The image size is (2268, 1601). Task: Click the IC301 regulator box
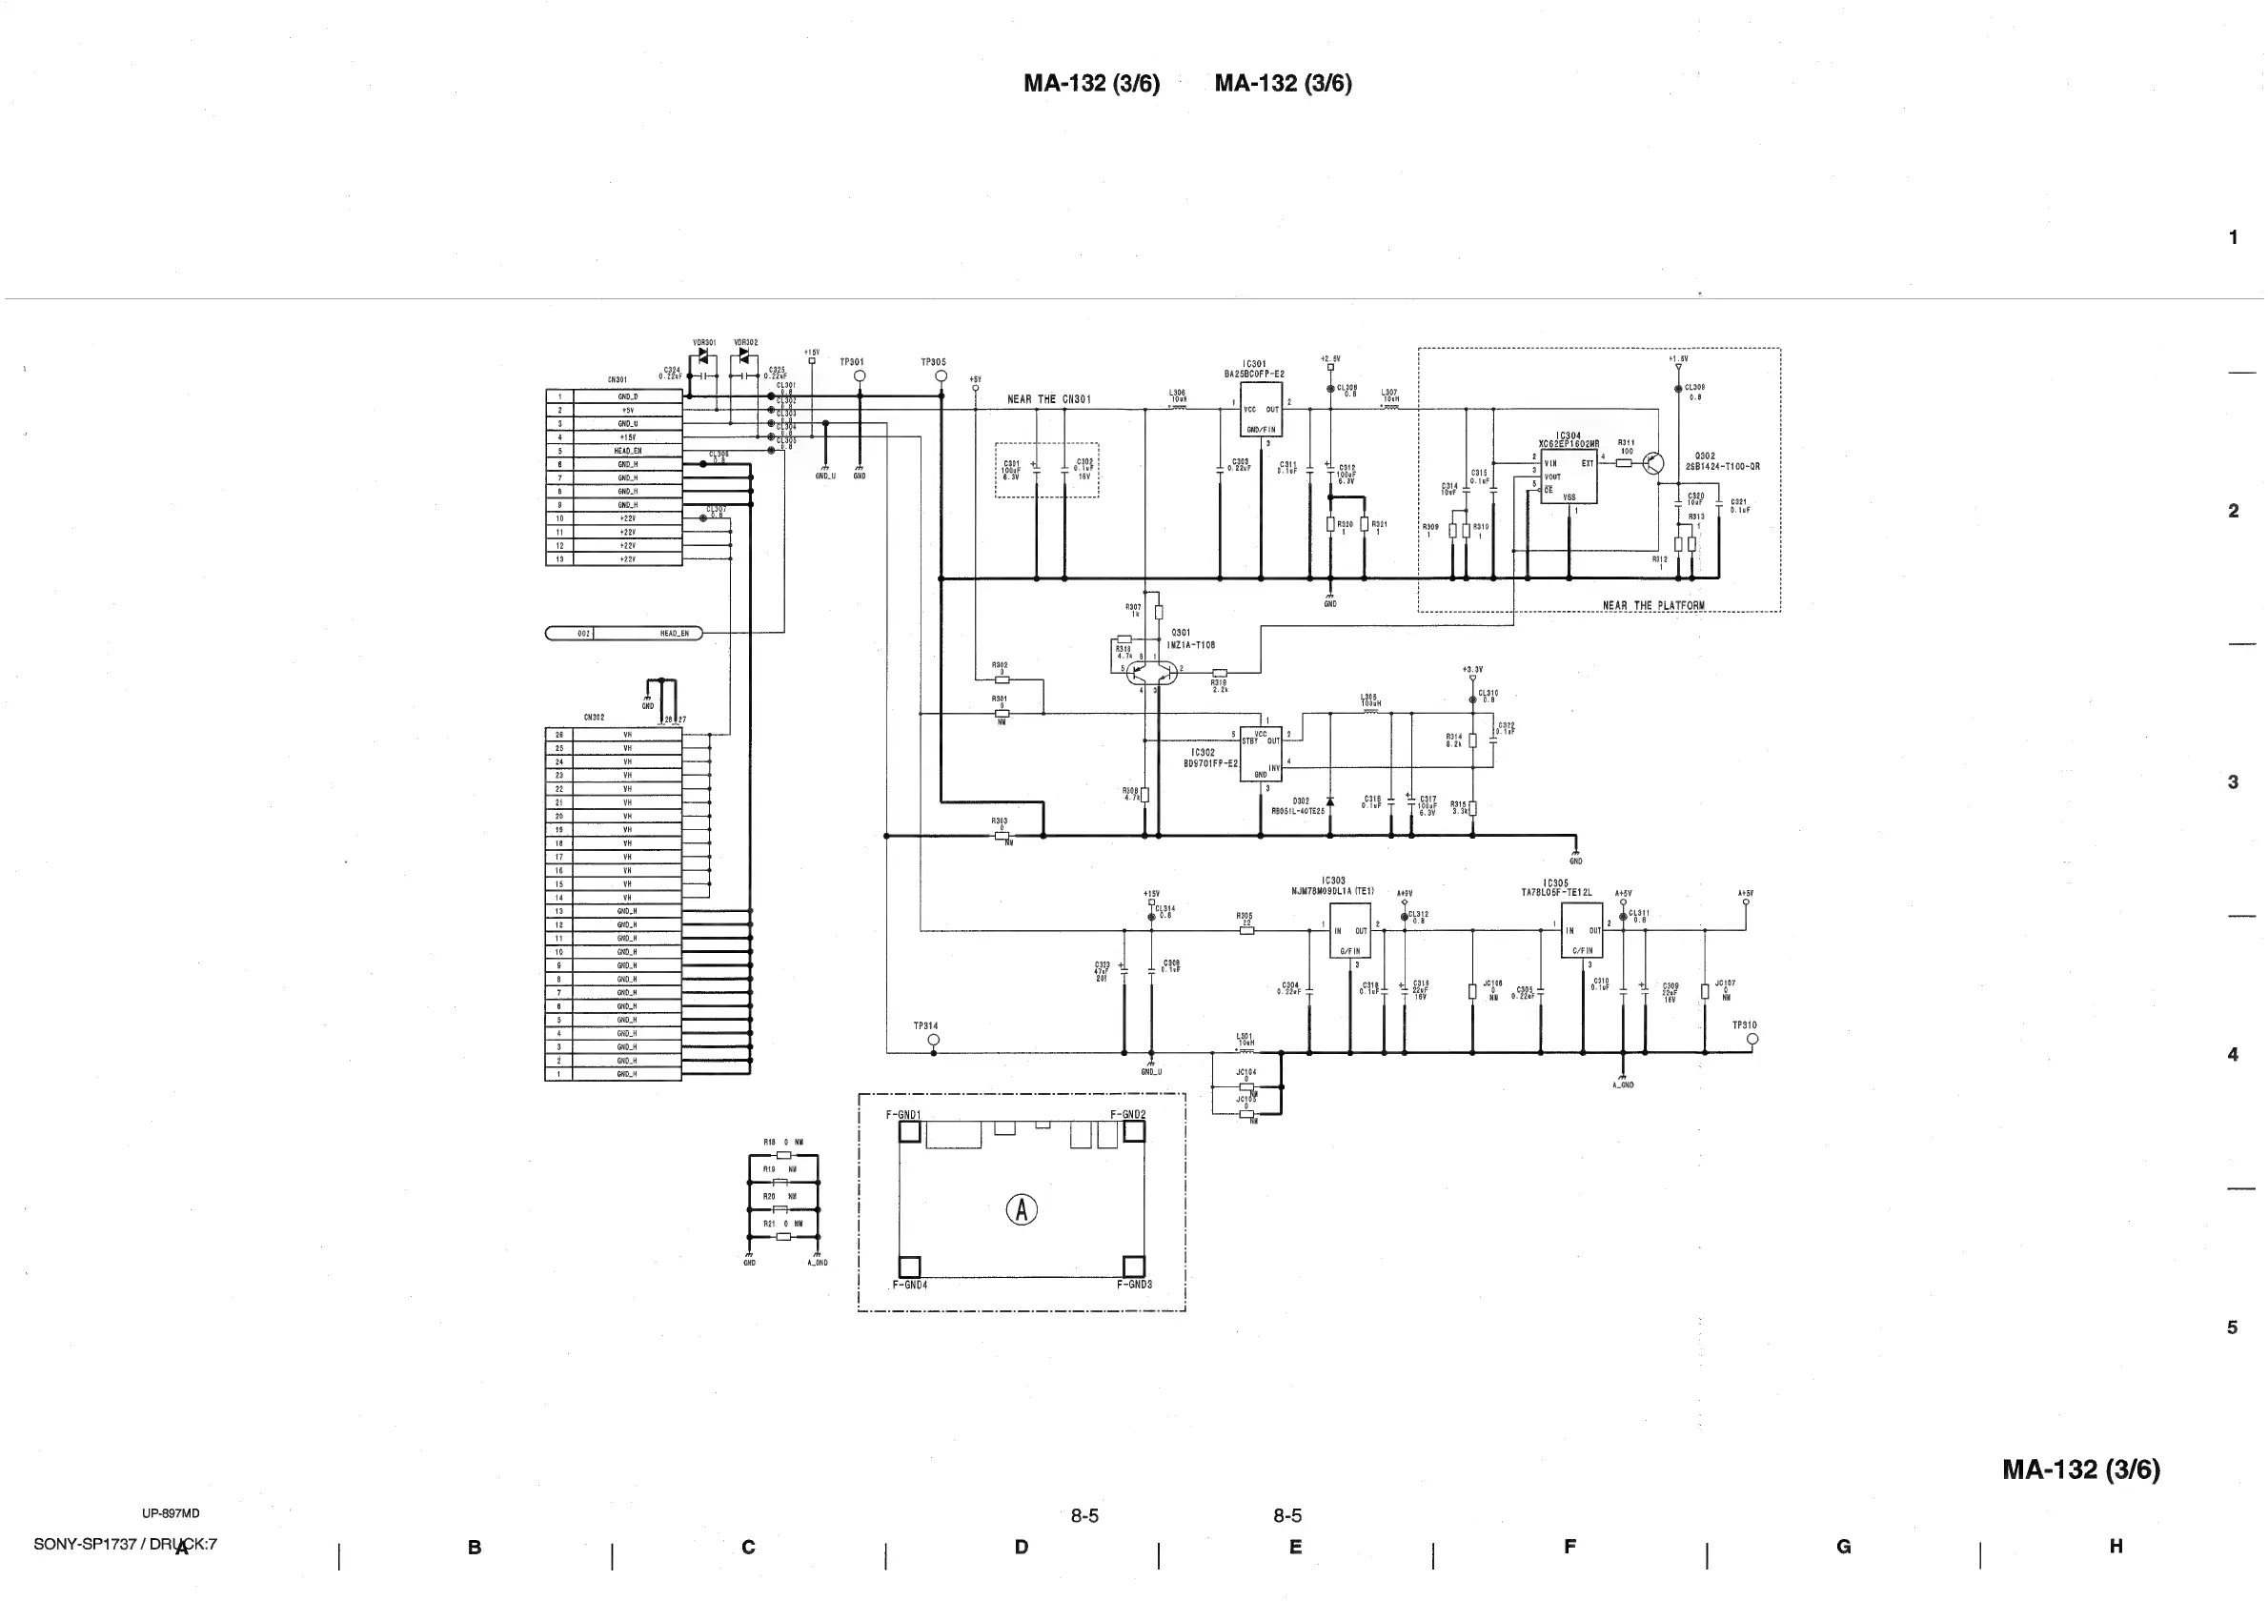[x=1261, y=410]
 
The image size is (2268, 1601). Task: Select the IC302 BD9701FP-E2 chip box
[x=1261, y=754]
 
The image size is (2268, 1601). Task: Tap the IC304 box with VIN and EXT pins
[x=1569, y=476]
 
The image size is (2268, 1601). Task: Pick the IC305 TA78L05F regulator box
[x=1582, y=929]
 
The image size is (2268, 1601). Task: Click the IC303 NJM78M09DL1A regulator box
[x=1349, y=930]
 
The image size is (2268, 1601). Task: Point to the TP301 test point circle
[x=860, y=376]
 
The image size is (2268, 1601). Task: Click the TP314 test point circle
[x=934, y=1040]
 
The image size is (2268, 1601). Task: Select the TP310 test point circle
[x=1752, y=1039]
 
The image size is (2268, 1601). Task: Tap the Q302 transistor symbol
[x=1653, y=463]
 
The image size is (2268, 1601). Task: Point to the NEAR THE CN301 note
[x=1048, y=400]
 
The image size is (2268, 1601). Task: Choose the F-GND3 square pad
[x=1134, y=1267]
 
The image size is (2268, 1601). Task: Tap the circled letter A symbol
[x=1022, y=1209]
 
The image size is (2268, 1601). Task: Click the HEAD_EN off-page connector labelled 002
[x=624, y=633]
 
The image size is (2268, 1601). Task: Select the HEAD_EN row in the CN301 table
[x=627, y=451]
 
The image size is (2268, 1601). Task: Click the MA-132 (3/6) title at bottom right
[x=2080, y=1469]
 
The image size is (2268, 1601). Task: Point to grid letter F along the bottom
[x=1569, y=1547]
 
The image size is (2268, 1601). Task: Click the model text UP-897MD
[x=171, y=1513]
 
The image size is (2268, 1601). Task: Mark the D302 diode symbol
[x=1329, y=801]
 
